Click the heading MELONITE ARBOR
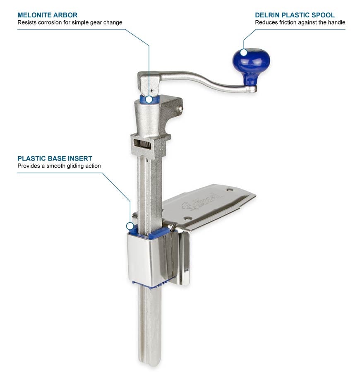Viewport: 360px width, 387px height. [x=47, y=15]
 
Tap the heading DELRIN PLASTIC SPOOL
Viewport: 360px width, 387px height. [x=295, y=15]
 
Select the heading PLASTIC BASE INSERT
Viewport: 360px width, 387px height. [x=55, y=159]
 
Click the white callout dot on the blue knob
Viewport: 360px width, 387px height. [x=244, y=52]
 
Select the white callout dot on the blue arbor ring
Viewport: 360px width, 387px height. [x=149, y=99]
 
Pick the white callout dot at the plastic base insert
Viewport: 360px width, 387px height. [x=130, y=226]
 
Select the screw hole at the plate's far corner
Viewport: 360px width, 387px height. [x=230, y=190]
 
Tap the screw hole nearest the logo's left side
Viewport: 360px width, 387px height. [x=187, y=219]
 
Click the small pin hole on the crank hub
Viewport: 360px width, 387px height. [x=151, y=90]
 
